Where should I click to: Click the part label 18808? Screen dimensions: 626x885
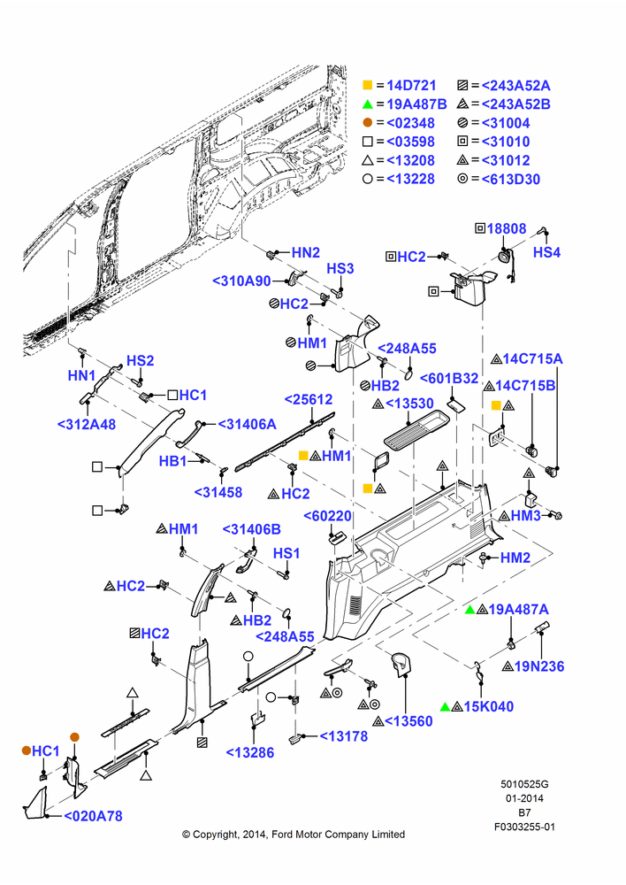pyautogui.click(x=507, y=228)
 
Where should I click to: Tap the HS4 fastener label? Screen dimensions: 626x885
pyautogui.click(x=546, y=252)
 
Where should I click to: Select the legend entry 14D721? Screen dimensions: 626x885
pyautogui.click(x=411, y=85)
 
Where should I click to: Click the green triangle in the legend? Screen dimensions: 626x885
pyautogui.click(x=368, y=104)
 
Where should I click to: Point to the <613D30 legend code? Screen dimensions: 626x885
pyautogui.click(x=510, y=179)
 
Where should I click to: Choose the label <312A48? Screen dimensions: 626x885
pyautogui.click(x=87, y=424)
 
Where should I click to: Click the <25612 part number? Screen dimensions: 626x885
pyautogui.click(x=309, y=399)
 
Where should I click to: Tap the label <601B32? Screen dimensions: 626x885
pyautogui.click(x=449, y=378)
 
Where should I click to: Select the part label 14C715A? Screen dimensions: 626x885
pyautogui.click(x=532, y=358)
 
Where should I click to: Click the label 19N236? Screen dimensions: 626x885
pyautogui.click(x=539, y=666)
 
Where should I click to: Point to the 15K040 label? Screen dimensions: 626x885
pyautogui.click(x=488, y=706)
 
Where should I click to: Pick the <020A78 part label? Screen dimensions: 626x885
pyautogui.click(x=93, y=816)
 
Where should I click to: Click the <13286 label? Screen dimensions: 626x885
pyautogui.click(x=250, y=752)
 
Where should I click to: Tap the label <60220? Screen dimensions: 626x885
pyautogui.click(x=328, y=516)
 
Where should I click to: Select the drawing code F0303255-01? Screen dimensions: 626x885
pyautogui.click(x=524, y=827)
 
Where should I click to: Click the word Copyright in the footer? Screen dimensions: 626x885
pyautogui.click(x=215, y=835)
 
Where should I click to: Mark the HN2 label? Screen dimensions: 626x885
pyautogui.click(x=306, y=252)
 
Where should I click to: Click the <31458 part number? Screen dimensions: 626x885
pyautogui.click(x=218, y=492)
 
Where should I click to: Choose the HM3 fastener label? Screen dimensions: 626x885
pyautogui.click(x=525, y=515)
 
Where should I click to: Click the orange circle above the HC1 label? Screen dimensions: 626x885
pyautogui.click(x=74, y=737)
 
